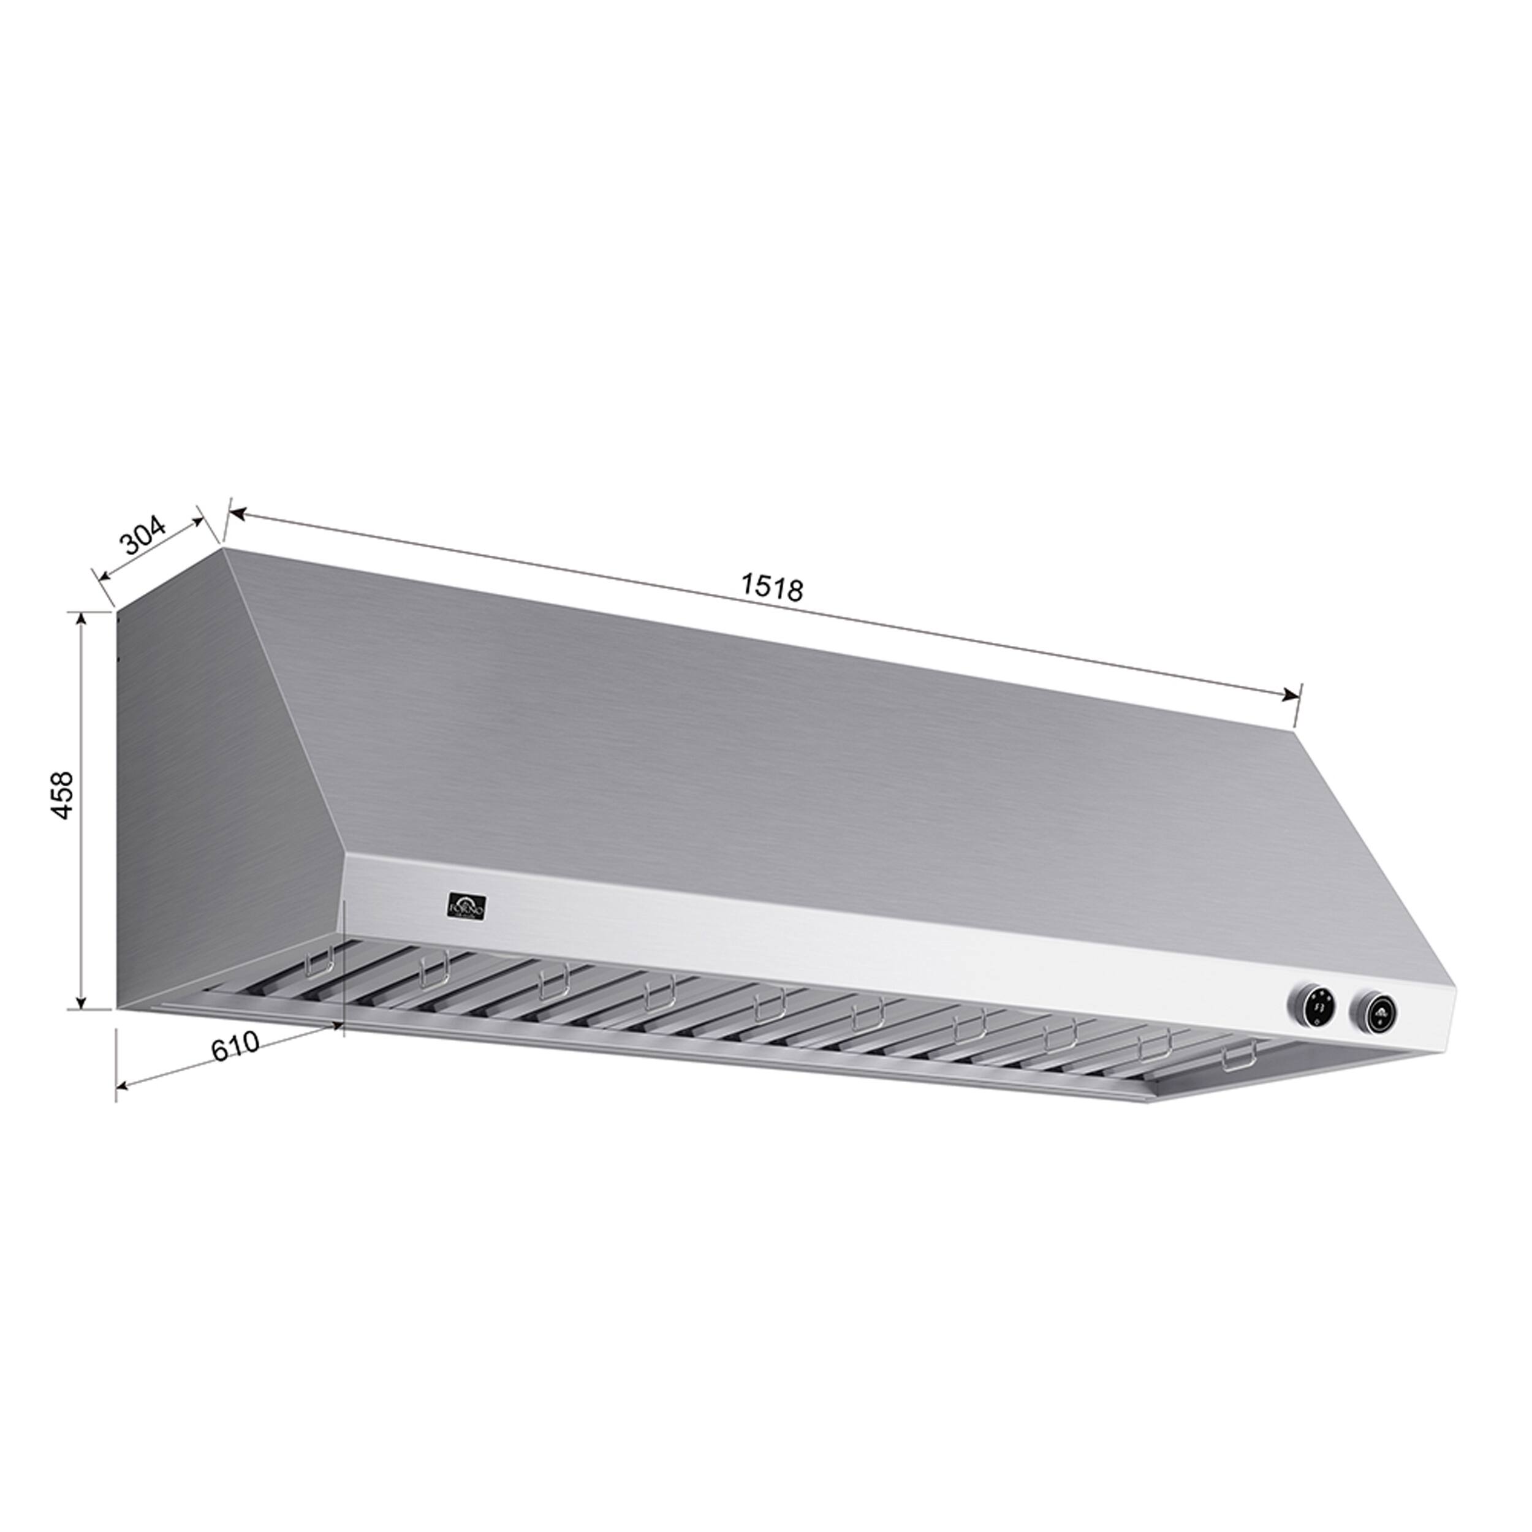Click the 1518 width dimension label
click(x=772, y=588)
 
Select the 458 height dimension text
click(x=63, y=795)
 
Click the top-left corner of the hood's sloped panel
click(x=224, y=547)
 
